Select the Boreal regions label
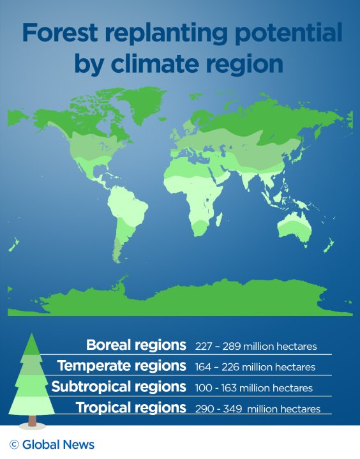pyautogui.click(x=136, y=345)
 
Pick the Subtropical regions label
pyautogui.click(x=119, y=387)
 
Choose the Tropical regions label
pyautogui.click(x=131, y=407)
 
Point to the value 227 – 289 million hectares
pyautogui.click(x=256, y=347)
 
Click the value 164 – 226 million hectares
pyautogui.click(x=255, y=367)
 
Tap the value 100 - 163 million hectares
pyautogui.click(x=254, y=388)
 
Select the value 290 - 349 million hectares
pyautogui.click(x=258, y=409)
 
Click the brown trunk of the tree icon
pyautogui.click(x=33, y=421)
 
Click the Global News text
pyautogui.click(x=58, y=445)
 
